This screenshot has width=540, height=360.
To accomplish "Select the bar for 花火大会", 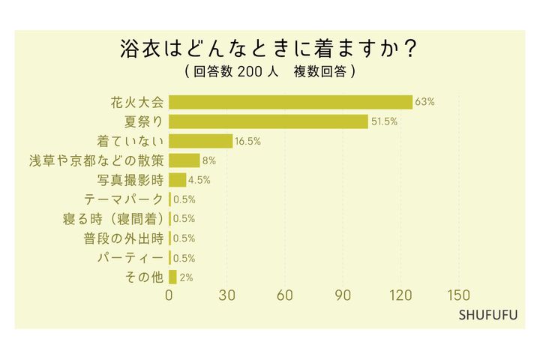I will (x=290, y=102).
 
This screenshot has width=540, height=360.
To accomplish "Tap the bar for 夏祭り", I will (x=268, y=121).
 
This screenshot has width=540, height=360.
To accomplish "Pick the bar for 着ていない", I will (x=201, y=141).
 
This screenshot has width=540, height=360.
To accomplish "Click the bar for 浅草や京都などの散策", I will (x=184, y=160).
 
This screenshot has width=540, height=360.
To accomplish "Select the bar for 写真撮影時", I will (x=178, y=179).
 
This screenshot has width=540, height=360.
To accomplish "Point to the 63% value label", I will (x=425, y=102).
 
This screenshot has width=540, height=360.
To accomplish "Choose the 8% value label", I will (x=209, y=160).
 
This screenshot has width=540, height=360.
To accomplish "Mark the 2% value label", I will (x=187, y=277).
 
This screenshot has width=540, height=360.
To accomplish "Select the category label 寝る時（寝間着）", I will (x=114, y=219).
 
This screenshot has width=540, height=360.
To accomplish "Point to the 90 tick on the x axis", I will (x=343, y=295).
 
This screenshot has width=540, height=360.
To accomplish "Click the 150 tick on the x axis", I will (x=458, y=295).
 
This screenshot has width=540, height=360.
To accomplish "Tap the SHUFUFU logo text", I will (x=488, y=314).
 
